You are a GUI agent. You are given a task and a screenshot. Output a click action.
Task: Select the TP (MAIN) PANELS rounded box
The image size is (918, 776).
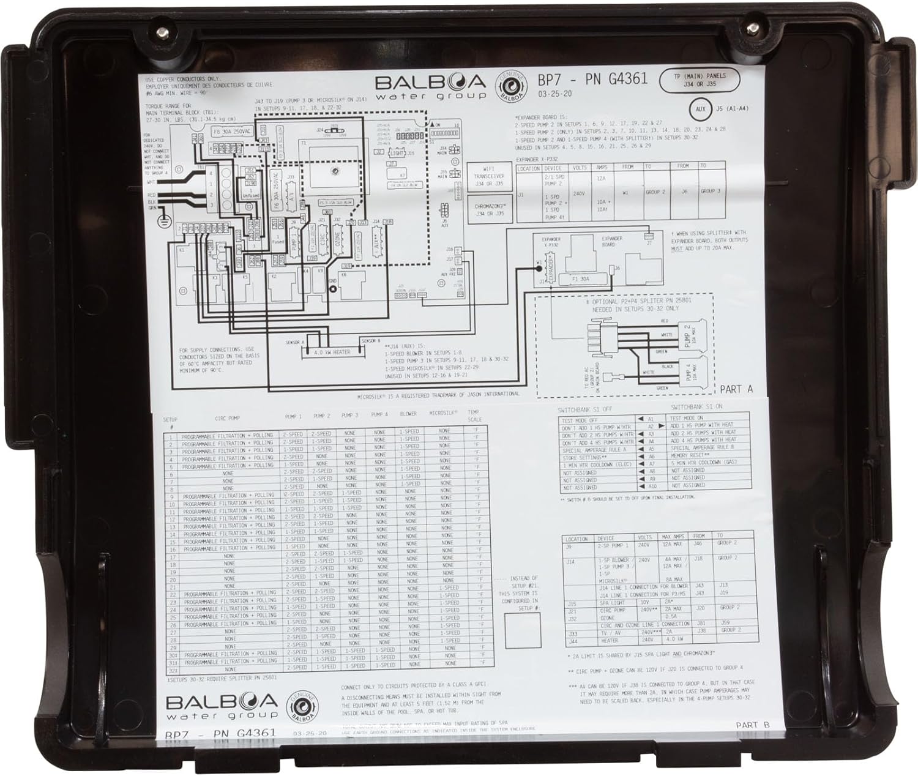click(700, 80)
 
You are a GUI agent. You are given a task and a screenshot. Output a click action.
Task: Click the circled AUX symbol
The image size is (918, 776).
click(701, 110)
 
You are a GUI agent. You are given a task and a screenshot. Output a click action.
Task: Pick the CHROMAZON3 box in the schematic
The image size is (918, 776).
click(488, 209)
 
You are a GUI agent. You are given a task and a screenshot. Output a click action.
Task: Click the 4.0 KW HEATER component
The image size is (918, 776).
click(332, 353)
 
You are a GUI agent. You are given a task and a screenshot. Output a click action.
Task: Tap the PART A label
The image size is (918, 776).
click(736, 389)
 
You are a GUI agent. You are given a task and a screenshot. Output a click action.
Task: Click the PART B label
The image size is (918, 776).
click(752, 725)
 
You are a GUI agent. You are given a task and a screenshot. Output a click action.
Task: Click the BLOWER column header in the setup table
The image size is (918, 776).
click(408, 414)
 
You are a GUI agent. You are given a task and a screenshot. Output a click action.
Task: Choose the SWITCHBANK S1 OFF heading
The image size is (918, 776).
click(584, 409)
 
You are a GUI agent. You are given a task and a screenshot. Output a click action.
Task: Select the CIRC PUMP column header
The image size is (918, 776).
click(228, 419)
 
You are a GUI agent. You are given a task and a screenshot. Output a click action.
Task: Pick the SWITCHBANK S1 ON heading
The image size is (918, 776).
click(696, 407)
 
